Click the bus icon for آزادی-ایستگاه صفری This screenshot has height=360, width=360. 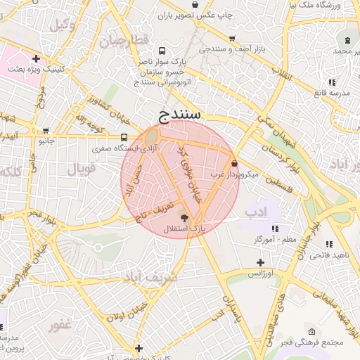pos(124,138)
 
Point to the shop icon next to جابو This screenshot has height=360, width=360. pos(46,130)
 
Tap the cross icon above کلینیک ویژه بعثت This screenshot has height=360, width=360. pos(36,58)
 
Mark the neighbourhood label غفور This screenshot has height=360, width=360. pos(61,325)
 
